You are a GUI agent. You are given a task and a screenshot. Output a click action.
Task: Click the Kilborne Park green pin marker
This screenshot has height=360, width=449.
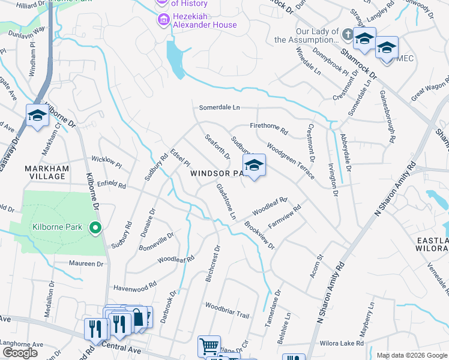pos(95,228)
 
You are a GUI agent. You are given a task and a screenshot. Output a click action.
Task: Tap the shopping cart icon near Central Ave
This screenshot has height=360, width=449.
pos(209,346)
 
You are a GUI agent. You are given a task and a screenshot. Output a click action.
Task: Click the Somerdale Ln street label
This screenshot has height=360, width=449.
pos(219,107)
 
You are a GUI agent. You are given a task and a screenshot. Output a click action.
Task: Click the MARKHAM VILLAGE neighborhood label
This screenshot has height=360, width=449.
pos(45,172)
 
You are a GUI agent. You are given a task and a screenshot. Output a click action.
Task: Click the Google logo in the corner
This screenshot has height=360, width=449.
pos(20,352)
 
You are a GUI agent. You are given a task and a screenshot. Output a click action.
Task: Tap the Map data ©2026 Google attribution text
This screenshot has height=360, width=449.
pos(411,355)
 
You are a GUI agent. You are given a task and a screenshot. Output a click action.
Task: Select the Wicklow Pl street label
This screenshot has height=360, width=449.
pos(106,162)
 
